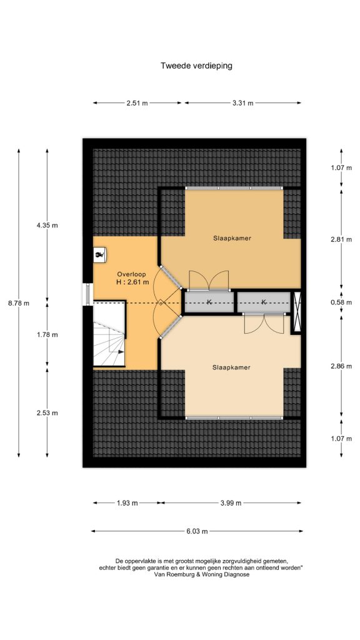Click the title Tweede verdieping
pyautogui.click(x=196, y=66)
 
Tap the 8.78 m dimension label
pyautogui.click(x=19, y=303)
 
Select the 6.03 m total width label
pyautogui.click(x=197, y=531)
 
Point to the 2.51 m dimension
pyautogui.click(x=137, y=103)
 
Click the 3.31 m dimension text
pyautogui.click(x=243, y=103)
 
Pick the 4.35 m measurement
pyautogui.click(x=47, y=225)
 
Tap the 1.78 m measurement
pyautogui.click(x=47, y=334)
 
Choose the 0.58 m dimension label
pyautogui.click(x=341, y=302)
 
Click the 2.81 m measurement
pyautogui.click(x=341, y=239)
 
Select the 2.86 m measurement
pyautogui.click(x=341, y=366)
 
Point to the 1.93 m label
pyautogui.click(x=127, y=503)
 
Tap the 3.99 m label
pyautogui.click(x=231, y=503)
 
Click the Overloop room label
pyautogui.click(x=131, y=274)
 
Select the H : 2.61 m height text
pyautogui.click(x=132, y=282)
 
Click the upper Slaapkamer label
pyautogui.click(x=231, y=238)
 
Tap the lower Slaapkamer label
pyautogui.click(x=231, y=367)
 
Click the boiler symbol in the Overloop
pyautogui.click(x=99, y=256)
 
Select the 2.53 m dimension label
pyautogui.click(x=47, y=412)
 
